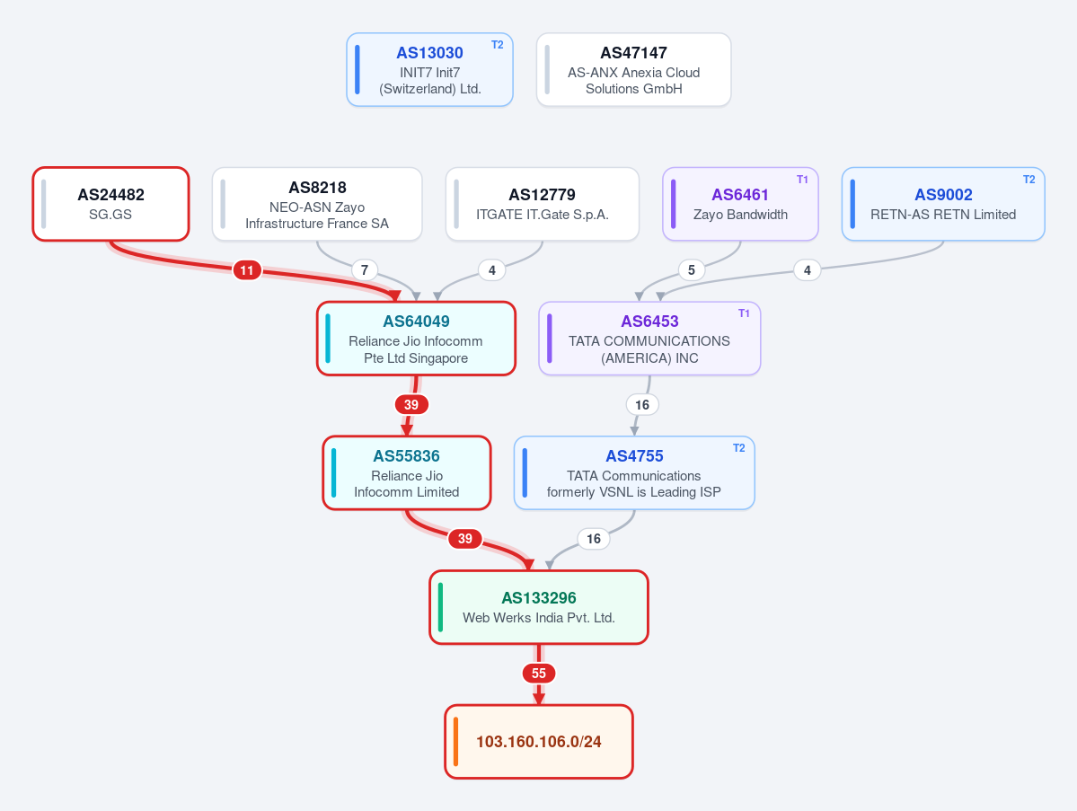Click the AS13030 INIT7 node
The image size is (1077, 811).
click(x=430, y=69)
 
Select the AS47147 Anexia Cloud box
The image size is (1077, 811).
click(x=633, y=69)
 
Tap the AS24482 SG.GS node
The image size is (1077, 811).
click(x=110, y=204)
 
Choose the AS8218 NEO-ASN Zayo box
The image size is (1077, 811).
click(x=317, y=204)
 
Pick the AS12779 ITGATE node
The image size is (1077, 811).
click(x=542, y=204)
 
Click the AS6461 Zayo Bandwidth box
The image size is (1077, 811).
click(x=740, y=204)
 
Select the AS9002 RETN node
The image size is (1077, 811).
click(x=943, y=204)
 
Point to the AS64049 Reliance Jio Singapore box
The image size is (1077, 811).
click(x=416, y=339)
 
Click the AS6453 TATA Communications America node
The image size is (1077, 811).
click(x=649, y=339)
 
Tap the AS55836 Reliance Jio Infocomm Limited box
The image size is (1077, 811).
click(x=407, y=473)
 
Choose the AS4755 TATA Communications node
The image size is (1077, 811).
click(x=634, y=473)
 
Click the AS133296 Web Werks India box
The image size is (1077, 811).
click(x=539, y=608)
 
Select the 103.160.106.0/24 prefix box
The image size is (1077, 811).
click(x=539, y=742)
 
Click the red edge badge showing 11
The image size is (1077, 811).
click(x=247, y=269)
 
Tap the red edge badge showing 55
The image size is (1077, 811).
click(x=539, y=673)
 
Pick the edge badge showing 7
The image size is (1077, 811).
click(x=365, y=269)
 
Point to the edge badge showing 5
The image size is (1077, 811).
click(x=692, y=269)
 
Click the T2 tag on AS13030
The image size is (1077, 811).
click(x=498, y=45)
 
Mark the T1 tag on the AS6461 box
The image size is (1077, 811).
click(x=802, y=180)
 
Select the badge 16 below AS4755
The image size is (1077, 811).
click(x=594, y=539)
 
